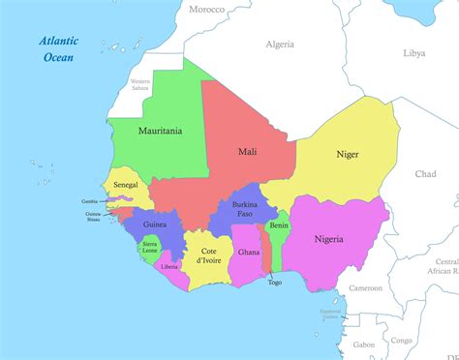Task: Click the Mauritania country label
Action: (160, 130)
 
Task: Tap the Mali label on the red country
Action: (247, 152)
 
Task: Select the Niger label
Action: (346, 153)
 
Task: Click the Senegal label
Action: (125, 184)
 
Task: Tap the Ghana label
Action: (249, 252)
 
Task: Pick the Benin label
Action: (279, 225)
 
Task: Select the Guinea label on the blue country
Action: (154, 225)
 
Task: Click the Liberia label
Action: (169, 266)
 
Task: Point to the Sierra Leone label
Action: (150, 248)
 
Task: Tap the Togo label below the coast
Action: (275, 283)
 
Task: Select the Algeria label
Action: (281, 45)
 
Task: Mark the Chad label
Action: (425, 174)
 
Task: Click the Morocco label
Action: (206, 10)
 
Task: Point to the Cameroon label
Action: (365, 287)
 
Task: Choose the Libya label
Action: (413, 53)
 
